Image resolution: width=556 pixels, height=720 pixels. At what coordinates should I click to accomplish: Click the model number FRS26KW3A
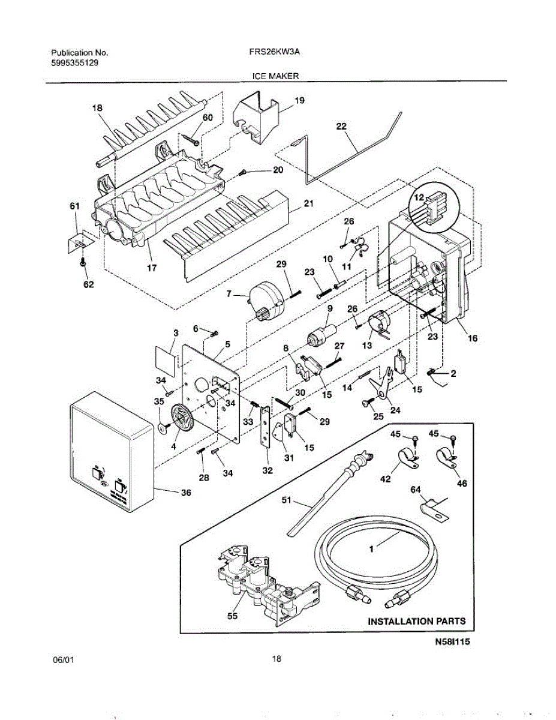[x=274, y=52]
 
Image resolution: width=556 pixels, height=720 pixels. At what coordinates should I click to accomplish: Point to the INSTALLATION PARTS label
[x=416, y=621]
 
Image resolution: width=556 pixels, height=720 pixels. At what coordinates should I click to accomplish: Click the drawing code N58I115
[x=452, y=642]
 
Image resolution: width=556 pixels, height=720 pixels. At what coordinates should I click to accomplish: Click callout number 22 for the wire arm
[x=341, y=127]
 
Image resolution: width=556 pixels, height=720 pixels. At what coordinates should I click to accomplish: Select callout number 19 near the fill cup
[x=299, y=101]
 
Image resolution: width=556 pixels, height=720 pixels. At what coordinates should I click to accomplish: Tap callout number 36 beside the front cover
[x=186, y=493]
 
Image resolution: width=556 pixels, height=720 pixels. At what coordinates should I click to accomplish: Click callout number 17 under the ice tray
[x=152, y=268]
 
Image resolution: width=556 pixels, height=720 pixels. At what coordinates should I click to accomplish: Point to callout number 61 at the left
[x=74, y=206]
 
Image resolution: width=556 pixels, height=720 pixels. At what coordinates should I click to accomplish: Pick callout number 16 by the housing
[x=473, y=339]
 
